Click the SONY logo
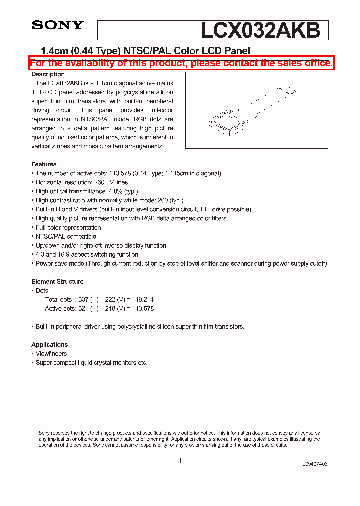(x=58, y=25)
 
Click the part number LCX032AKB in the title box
(x=260, y=30)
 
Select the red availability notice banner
(x=181, y=63)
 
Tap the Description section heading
(x=48, y=74)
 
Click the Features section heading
(x=44, y=164)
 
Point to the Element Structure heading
(x=57, y=282)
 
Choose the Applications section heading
(x=49, y=345)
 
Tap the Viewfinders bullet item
(x=51, y=354)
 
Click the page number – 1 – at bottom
(x=180, y=460)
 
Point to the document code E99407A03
(x=315, y=464)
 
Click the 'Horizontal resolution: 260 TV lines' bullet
(x=81, y=182)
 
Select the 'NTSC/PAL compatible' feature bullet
(x=66, y=236)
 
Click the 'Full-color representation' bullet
(x=68, y=227)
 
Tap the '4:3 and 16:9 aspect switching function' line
(x=87, y=254)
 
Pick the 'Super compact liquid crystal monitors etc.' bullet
(x=91, y=363)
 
